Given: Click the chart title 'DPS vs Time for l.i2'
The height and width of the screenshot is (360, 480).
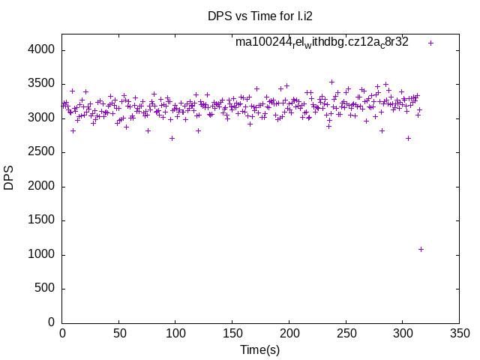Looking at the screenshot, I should point(259,16).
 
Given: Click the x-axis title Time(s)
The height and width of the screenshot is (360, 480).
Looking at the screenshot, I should point(259,349).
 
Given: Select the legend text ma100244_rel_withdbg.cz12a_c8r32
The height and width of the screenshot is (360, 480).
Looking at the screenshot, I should point(322,42).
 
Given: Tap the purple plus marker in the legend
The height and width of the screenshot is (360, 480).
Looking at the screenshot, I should point(430,43).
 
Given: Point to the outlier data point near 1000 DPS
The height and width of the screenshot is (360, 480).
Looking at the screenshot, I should point(421,249).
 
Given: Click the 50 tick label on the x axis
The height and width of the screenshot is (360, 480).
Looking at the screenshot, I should point(118,333).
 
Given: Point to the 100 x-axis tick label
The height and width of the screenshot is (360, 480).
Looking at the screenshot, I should point(175,333).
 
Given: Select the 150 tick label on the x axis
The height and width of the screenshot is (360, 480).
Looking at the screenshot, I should point(232,333).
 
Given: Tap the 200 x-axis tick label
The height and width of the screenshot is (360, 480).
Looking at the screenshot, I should point(289,333).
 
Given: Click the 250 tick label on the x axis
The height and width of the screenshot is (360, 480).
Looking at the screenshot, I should point(346,333).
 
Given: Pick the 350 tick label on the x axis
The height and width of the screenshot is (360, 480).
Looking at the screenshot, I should point(459,333).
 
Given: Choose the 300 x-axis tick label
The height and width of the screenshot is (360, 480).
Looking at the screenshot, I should point(402,333).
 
